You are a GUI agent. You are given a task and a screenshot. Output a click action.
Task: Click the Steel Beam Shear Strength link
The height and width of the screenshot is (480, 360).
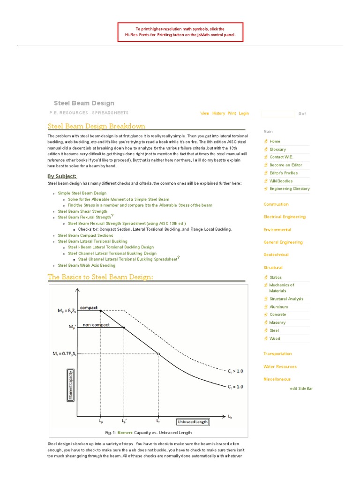coord(82,211)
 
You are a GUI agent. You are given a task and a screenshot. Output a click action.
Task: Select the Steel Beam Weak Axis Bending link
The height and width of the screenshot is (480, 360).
coord(86,265)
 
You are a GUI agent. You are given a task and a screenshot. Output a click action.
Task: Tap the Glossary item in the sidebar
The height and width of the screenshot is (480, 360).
coord(277,149)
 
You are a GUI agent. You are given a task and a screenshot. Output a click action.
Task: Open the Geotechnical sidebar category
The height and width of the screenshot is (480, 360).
coord(276,255)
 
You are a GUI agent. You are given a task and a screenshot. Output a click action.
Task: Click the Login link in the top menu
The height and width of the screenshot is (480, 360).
coord(244,113)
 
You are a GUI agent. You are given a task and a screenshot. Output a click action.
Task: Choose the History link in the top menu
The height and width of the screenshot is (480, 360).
coord(218,113)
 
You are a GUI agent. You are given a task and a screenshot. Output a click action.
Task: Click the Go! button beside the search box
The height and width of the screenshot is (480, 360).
coord(302,114)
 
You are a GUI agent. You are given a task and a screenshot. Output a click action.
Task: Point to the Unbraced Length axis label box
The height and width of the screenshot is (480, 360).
coord(193,421)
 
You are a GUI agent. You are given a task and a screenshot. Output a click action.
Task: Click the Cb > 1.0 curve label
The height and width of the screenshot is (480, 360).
coord(236,371)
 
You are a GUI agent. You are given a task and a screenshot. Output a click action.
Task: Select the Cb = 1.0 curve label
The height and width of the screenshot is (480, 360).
coord(236,387)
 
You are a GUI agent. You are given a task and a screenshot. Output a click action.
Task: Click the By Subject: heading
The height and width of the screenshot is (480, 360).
coord(62,176)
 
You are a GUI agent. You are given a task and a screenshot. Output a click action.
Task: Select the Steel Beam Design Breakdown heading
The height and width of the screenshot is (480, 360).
coord(97,126)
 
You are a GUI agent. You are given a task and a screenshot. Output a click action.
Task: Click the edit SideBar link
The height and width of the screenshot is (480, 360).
coord(301,389)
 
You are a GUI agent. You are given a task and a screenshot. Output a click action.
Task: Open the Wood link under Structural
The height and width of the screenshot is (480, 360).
coord(275,338)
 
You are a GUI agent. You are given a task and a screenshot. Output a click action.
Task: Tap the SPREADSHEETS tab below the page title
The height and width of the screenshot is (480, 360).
coord(110,113)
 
